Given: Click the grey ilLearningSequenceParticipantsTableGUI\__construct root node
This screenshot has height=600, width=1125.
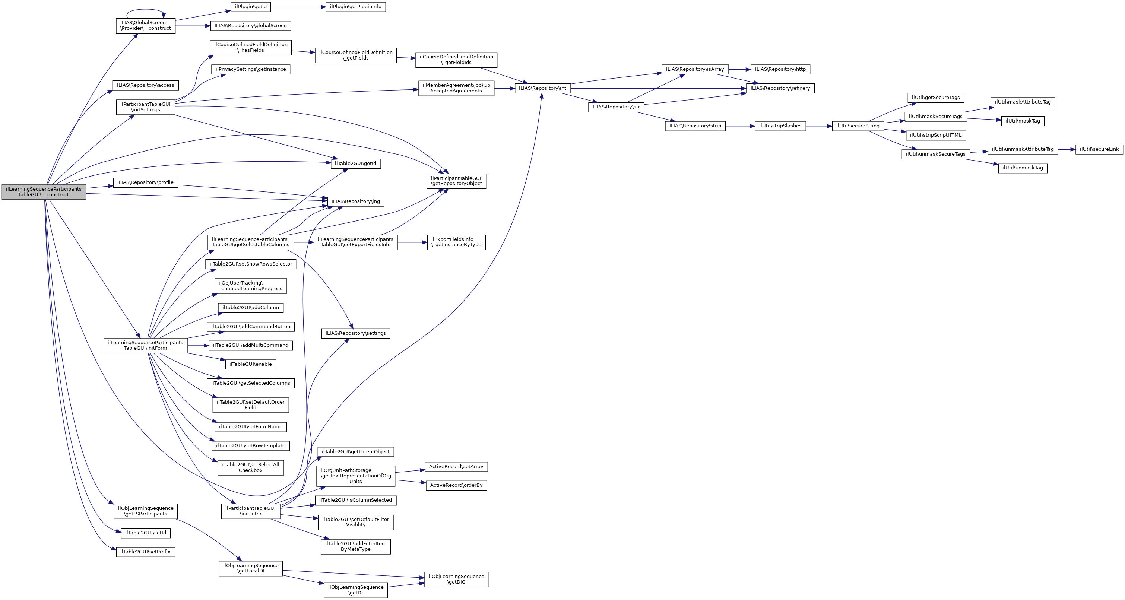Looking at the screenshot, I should tap(44, 192).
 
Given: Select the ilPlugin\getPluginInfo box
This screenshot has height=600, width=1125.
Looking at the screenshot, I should tap(355, 7).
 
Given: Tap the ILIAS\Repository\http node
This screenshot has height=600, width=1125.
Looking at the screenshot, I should tap(780, 69).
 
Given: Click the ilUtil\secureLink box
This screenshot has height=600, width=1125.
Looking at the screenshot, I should tap(1099, 149).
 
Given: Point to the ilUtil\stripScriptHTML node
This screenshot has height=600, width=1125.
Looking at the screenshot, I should tap(935, 135).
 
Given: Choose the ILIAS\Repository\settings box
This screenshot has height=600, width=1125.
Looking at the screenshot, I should tap(355, 334).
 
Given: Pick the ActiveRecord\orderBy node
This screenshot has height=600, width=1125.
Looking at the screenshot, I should tap(456, 486).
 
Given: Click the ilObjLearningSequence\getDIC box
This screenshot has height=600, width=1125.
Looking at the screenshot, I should tap(456, 580).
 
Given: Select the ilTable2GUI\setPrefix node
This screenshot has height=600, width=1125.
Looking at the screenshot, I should tap(145, 552).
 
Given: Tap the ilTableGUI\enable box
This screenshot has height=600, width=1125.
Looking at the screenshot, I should tap(251, 364).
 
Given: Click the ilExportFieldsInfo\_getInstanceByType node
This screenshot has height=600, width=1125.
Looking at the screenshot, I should tap(456, 242).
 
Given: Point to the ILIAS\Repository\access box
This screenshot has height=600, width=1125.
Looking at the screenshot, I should tap(145, 86).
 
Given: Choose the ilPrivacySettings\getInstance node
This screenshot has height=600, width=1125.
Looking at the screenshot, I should tap(251, 69).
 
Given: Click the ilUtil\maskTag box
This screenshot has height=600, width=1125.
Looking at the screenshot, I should tap(1022, 121).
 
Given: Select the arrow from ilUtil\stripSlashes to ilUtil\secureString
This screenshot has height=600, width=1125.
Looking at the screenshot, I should tap(819, 126).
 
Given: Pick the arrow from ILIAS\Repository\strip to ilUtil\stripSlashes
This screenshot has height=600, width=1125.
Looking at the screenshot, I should tap(740, 126).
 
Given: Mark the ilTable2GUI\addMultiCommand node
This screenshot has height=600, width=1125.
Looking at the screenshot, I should tap(251, 345).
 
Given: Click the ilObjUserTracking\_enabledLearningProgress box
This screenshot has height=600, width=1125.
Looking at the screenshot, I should tap(251, 286).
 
